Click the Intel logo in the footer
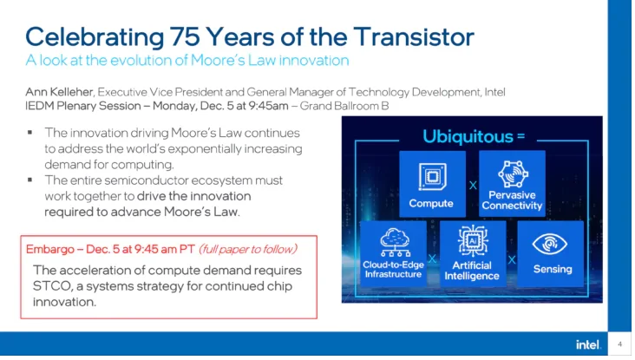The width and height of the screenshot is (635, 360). point(588,344)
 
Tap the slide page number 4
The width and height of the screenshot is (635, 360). point(619,344)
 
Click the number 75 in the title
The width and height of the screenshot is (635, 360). point(185,36)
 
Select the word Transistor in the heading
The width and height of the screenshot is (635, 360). point(414,36)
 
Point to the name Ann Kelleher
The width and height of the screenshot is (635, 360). point(60,92)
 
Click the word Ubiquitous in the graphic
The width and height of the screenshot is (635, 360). point(468,136)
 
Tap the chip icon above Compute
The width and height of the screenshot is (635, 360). point(432,176)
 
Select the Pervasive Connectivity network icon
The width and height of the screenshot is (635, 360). point(513,173)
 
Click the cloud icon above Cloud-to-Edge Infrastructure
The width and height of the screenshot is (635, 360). point(395,243)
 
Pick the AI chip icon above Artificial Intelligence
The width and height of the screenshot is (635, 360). point(473,241)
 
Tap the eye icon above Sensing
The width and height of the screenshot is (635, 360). point(549,244)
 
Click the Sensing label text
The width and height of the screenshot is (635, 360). point(553,269)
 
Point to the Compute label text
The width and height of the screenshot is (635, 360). point(431,203)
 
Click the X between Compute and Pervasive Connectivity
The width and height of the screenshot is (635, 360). point(473,186)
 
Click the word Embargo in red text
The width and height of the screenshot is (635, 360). point(49,249)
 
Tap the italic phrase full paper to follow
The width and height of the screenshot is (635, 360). point(248,249)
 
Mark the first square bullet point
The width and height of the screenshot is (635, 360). point(30,133)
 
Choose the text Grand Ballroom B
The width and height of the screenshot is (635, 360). point(344,106)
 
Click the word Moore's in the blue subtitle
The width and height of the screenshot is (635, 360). point(217,61)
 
